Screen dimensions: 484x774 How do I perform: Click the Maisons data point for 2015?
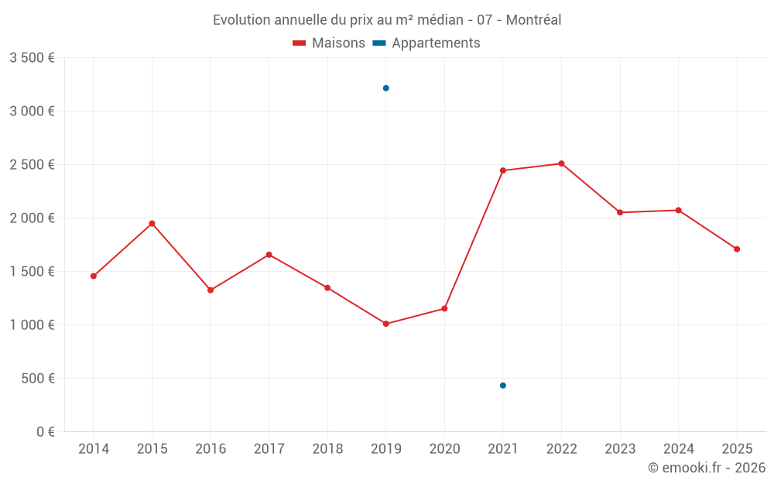(152, 224)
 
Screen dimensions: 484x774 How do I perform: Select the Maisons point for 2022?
(561, 163)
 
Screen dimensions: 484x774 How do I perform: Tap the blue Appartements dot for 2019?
(385, 88)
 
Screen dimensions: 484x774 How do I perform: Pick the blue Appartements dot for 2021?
(503, 386)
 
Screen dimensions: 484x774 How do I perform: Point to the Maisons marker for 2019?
(385, 324)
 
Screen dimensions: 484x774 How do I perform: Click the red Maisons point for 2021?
(503, 170)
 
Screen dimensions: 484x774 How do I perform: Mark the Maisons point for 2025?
(737, 249)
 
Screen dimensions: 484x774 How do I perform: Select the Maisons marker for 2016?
(211, 290)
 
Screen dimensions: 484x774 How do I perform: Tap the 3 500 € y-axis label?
(32, 58)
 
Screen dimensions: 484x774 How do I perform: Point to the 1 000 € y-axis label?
(32, 325)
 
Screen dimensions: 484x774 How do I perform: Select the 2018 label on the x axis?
(327, 449)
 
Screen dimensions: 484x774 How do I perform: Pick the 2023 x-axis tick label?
(620, 449)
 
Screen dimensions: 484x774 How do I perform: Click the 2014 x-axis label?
(94, 449)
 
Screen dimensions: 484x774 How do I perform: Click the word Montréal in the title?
(534, 20)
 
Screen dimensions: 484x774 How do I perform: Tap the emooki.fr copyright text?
(707, 468)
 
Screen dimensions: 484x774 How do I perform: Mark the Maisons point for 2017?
(269, 255)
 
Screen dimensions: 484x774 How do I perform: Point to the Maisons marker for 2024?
(678, 211)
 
